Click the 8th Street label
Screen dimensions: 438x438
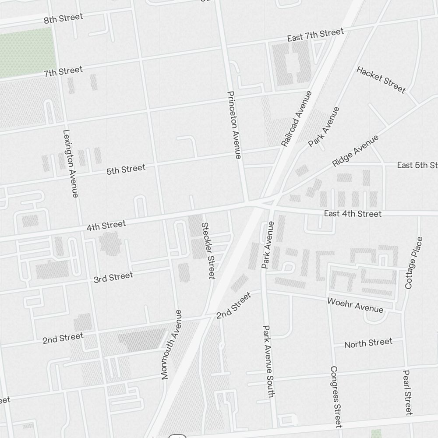pyautogui.click(x=63, y=18)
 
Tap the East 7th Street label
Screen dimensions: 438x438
pyautogui.click(x=315, y=35)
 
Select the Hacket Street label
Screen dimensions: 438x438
pyautogui.click(x=381, y=79)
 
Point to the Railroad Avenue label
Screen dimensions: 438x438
pyautogui.click(x=297, y=118)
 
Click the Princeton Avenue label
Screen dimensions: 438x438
pyautogui.click(x=234, y=125)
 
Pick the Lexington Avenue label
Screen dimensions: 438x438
pyautogui.click(x=71, y=163)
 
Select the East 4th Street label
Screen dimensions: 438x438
pyautogui.click(x=353, y=214)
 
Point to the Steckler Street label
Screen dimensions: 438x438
pyautogui.click(x=208, y=251)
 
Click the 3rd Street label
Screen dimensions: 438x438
pyautogui.click(x=113, y=277)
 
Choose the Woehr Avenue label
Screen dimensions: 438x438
pyautogui.click(x=355, y=305)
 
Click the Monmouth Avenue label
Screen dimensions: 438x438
pyautogui.click(x=170, y=344)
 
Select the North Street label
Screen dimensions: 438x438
pyautogui.click(x=368, y=343)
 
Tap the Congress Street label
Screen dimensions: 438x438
pyautogui.click(x=336, y=396)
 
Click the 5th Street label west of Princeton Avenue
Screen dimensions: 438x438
pyautogui.click(x=126, y=170)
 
